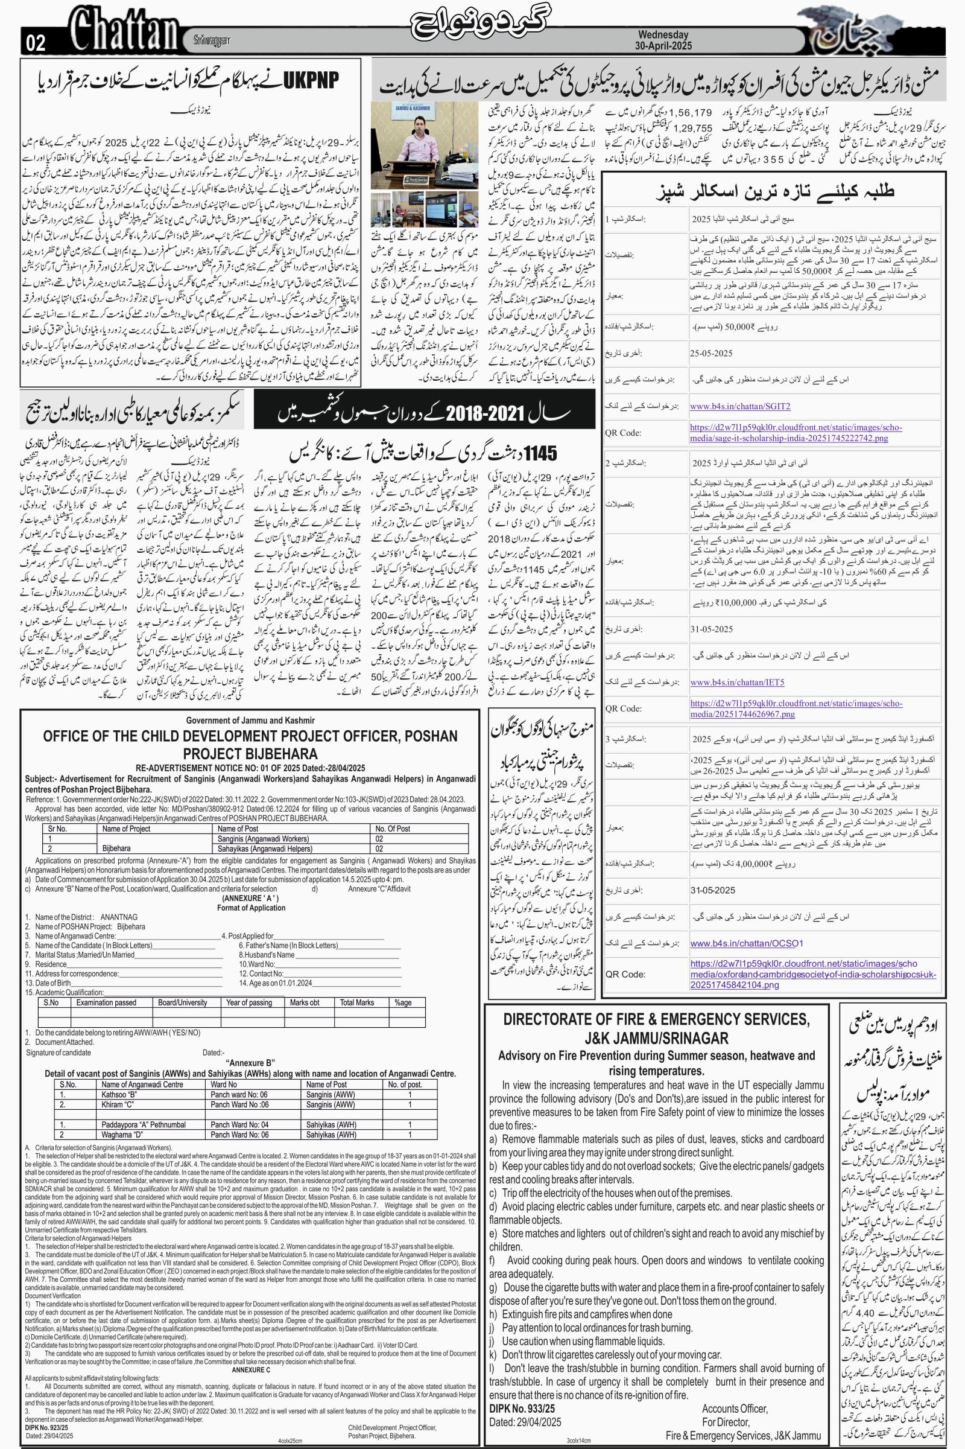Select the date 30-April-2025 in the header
663,46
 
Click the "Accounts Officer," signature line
734,1391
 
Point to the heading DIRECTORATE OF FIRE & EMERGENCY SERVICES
656,1019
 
